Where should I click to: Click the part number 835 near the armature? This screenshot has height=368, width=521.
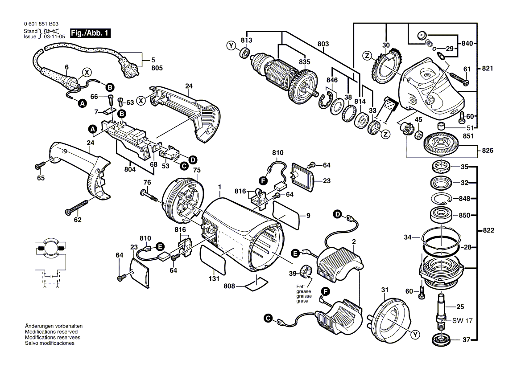[x=304, y=61]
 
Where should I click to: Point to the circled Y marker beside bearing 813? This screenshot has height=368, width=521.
[x=231, y=45]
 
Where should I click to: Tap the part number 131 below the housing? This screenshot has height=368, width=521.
[x=214, y=279]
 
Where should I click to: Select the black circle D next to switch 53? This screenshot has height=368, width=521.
[x=192, y=159]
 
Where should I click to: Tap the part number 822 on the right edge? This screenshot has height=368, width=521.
[x=488, y=231]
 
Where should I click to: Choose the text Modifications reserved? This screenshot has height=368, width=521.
[x=51, y=332]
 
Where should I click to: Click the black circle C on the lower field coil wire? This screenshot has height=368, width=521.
[x=267, y=319]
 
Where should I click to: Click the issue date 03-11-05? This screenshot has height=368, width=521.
[x=53, y=37]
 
